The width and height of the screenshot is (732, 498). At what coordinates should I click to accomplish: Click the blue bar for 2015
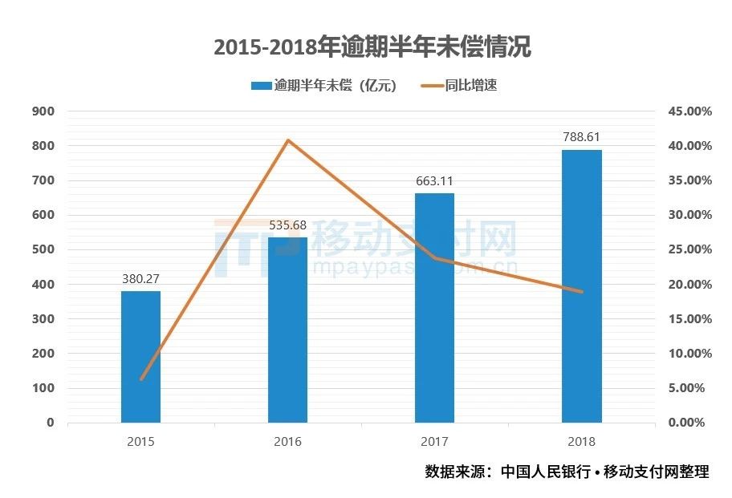coord(140,357)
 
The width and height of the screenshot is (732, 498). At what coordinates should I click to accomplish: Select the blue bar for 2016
coord(287,330)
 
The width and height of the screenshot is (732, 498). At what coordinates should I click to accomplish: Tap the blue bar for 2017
coord(434,308)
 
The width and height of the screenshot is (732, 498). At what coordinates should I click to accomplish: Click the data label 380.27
coord(140,280)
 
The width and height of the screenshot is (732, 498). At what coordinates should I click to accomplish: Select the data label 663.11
coord(434,182)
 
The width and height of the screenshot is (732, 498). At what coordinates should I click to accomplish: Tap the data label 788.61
coord(581,138)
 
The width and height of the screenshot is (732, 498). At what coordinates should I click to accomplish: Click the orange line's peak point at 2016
coord(288,140)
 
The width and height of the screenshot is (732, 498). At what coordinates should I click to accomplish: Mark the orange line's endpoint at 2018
coord(581,292)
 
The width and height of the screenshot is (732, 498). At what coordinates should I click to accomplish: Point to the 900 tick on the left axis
coord(43,111)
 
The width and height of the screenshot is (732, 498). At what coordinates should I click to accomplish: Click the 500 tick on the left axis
coord(43,249)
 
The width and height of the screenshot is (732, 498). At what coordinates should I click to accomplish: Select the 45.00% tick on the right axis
coord(689,111)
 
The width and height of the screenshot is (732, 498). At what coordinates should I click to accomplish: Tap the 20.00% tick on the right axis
coord(689,284)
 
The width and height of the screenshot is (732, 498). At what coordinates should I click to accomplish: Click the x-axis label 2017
coord(434,441)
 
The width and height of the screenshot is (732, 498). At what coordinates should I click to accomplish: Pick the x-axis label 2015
coord(140,441)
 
